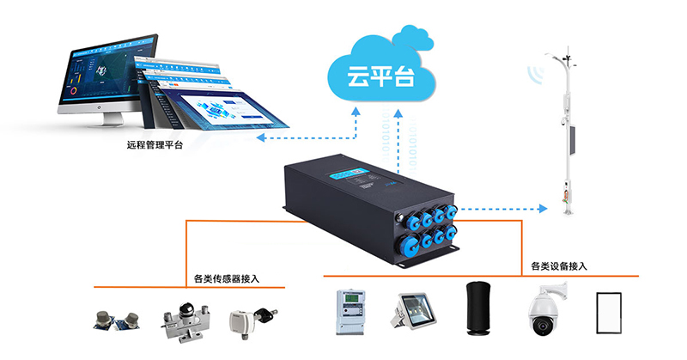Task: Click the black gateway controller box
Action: pos(368,203)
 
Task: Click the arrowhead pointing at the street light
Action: pos(543,208)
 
